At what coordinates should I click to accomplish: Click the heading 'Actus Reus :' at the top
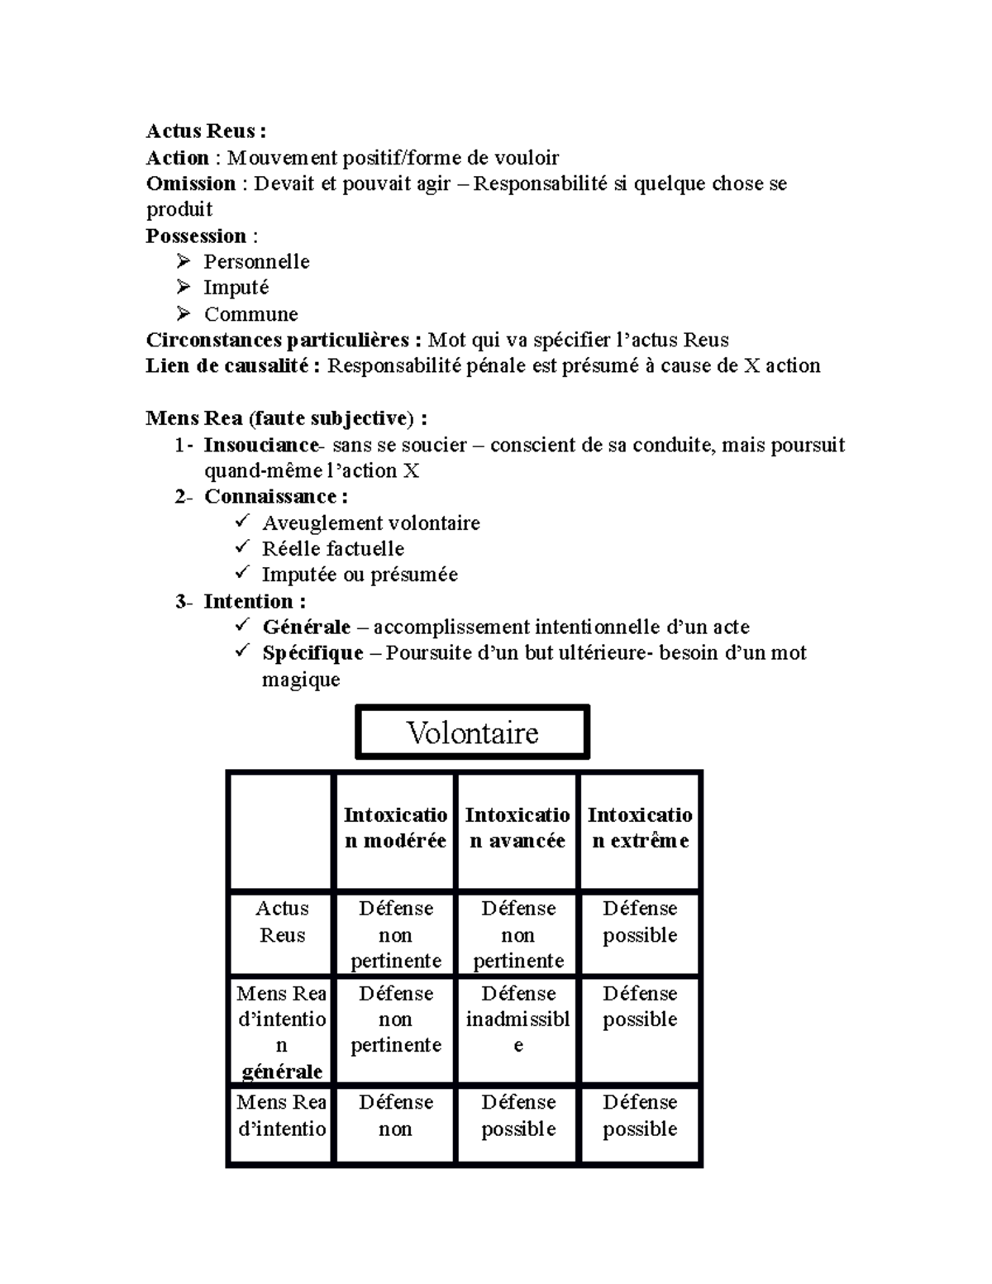(x=206, y=131)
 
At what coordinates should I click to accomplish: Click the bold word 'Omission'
(x=191, y=184)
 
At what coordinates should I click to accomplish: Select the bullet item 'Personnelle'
(x=256, y=262)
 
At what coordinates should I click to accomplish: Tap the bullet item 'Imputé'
(x=236, y=288)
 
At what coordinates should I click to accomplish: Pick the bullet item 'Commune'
(x=250, y=314)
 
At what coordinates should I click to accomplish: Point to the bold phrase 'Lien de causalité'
(x=228, y=366)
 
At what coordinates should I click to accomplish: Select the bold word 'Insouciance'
(x=260, y=445)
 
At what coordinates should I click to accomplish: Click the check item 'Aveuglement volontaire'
(x=370, y=523)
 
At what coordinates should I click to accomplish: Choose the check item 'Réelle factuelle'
(x=332, y=549)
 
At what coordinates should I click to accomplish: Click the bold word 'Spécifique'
(x=312, y=653)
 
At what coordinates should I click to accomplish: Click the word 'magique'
(x=301, y=680)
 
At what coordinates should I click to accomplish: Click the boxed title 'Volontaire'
(x=472, y=733)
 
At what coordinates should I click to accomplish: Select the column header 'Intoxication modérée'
(x=395, y=828)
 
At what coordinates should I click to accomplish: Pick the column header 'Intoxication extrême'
(x=640, y=828)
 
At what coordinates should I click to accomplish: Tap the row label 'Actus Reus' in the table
(x=282, y=922)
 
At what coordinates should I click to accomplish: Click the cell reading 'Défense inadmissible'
(x=517, y=1019)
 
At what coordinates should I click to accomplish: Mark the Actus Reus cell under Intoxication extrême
(x=640, y=922)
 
